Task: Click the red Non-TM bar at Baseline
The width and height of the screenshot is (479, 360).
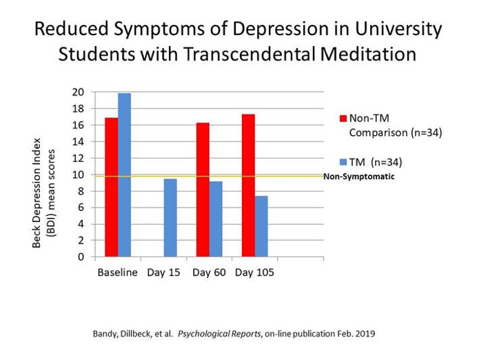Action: point(111,188)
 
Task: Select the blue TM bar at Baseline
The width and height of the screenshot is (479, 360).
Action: point(124,175)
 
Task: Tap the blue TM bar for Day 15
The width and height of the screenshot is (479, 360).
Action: point(170,218)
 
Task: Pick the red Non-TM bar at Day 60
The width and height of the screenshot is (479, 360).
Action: point(202,190)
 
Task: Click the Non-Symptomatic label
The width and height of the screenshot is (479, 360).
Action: point(358,177)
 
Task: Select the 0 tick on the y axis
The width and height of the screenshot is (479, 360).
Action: point(81,257)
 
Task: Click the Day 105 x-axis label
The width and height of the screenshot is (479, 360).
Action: point(254,272)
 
